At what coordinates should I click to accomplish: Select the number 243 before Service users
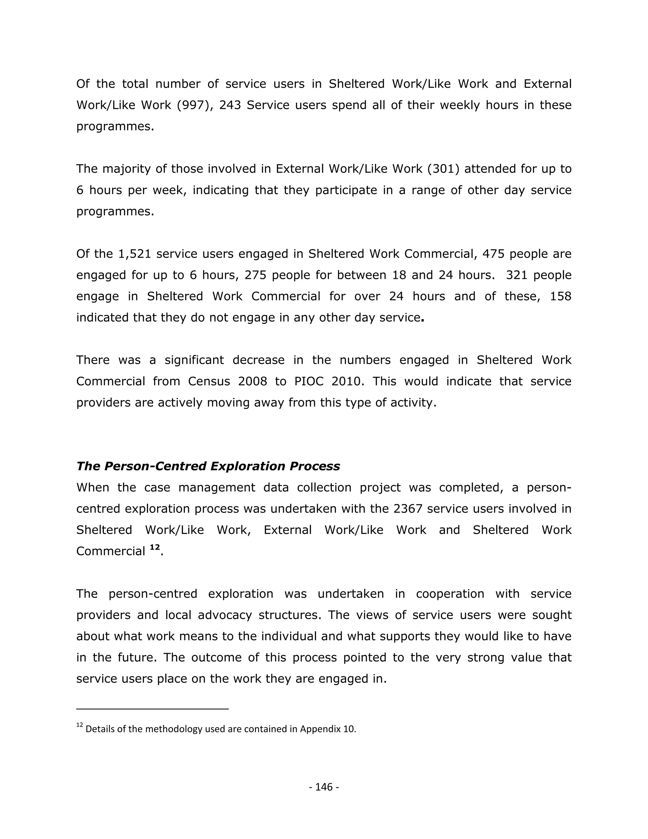[x=230, y=105]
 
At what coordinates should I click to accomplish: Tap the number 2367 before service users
[x=408, y=509]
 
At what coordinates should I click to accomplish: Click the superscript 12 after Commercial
[x=154, y=548]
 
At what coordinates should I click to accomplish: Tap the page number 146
[x=324, y=787]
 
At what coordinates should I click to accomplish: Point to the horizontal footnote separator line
[x=153, y=709]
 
